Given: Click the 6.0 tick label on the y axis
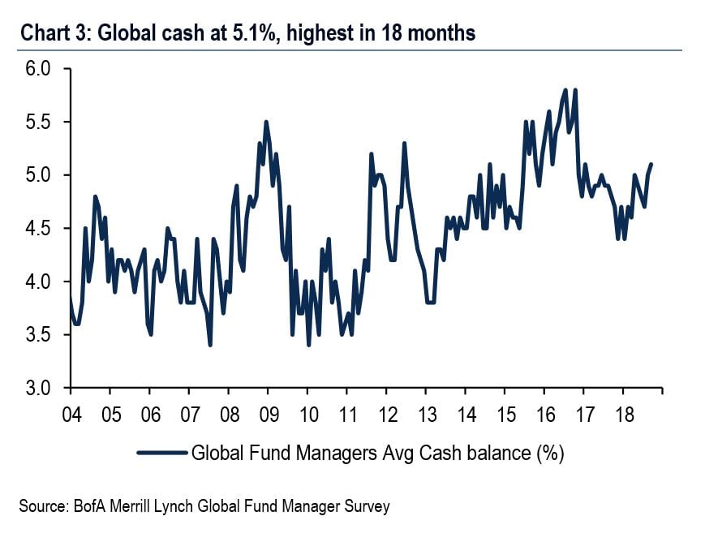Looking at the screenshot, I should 37,70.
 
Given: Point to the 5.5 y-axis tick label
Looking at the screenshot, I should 37,123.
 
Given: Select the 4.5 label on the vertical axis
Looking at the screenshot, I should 37,229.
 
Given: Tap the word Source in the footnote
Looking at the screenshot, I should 40,506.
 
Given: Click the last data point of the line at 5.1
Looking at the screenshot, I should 651,165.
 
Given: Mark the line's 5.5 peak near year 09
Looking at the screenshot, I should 266,122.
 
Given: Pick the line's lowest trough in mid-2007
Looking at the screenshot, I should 210,345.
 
